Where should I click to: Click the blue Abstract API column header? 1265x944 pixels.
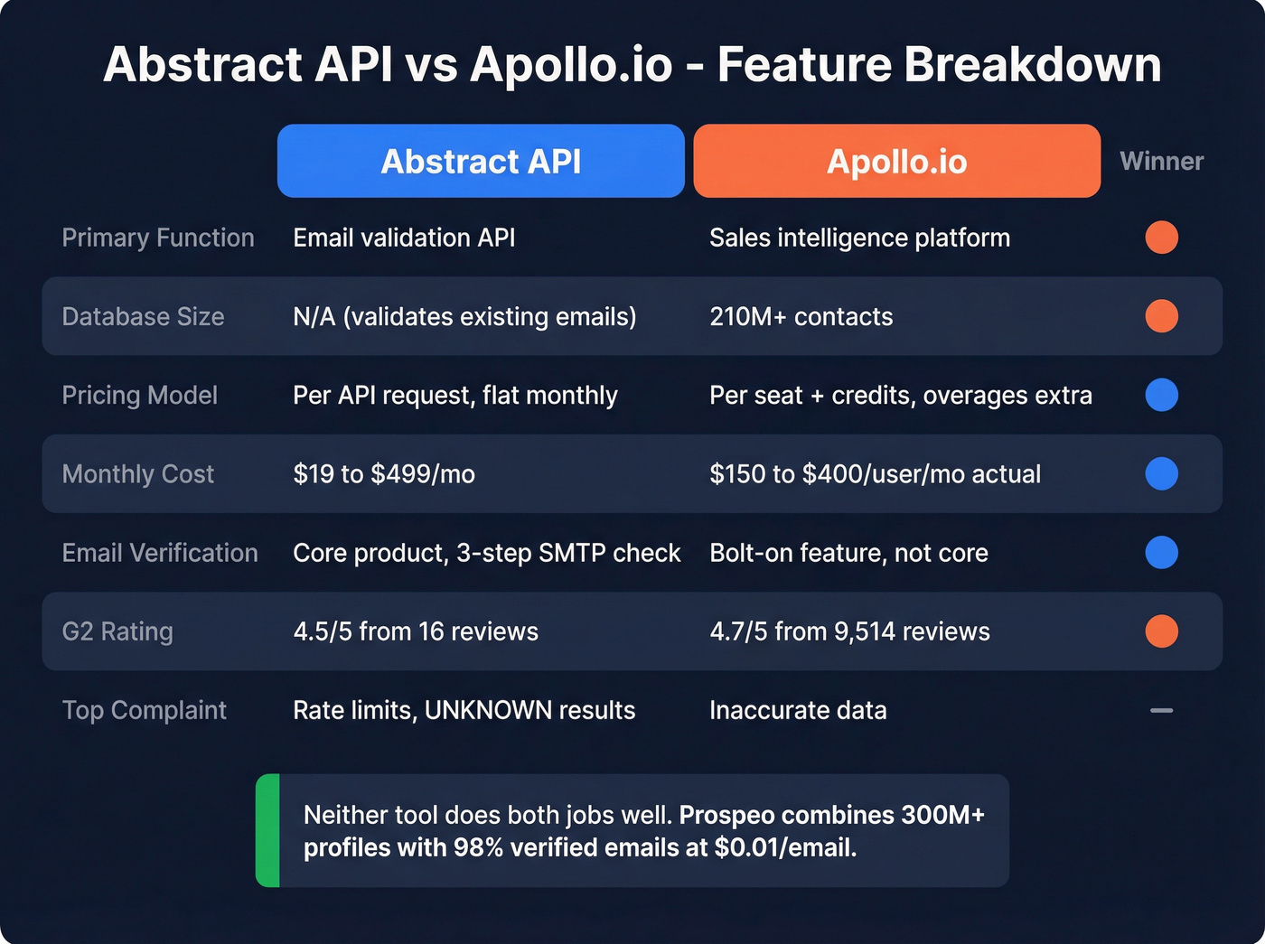tap(481, 161)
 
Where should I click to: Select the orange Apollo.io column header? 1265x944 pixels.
tap(896, 161)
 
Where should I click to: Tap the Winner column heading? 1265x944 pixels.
tap(1161, 161)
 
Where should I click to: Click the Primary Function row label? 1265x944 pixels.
tap(158, 238)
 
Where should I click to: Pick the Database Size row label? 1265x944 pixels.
tap(143, 316)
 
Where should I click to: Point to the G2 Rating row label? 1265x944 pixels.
tap(117, 631)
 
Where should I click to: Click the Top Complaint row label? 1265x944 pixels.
tap(144, 710)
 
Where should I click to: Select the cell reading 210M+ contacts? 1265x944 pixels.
tap(801, 316)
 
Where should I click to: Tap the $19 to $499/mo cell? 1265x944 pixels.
tap(384, 473)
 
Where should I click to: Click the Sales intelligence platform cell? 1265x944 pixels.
tap(859, 238)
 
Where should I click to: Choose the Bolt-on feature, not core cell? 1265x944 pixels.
tap(848, 553)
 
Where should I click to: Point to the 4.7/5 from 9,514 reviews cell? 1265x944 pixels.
tap(849, 631)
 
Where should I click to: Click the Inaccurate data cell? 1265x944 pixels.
tap(798, 710)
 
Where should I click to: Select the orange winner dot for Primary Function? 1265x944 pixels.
tap(1161, 238)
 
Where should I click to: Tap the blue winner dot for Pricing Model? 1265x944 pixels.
tap(1161, 395)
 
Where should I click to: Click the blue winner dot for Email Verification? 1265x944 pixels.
tap(1161, 553)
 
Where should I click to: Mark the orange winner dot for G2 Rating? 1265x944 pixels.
tap(1161, 631)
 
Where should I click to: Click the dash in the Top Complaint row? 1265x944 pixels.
tap(1161, 711)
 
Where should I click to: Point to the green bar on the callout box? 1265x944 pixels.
tap(267, 830)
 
